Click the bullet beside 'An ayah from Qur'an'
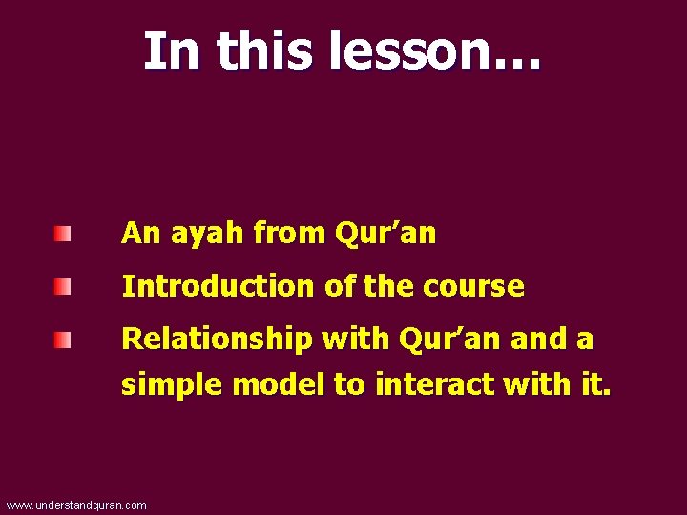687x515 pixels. tap(62, 234)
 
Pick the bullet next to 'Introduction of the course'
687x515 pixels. tap(62, 286)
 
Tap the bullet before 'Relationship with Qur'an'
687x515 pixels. tap(62, 340)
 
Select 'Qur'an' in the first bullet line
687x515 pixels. tap(385, 234)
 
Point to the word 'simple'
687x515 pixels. tap(173, 385)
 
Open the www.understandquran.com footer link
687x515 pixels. tap(76, 505)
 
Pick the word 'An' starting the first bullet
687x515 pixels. tap(139, 234)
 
